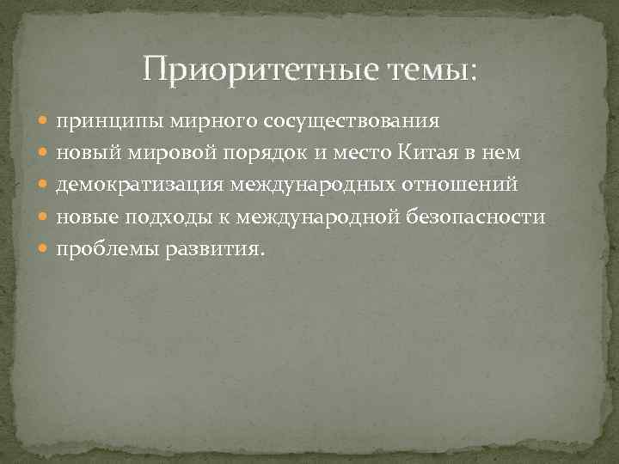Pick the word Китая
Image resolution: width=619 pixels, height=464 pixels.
(444, 152)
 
